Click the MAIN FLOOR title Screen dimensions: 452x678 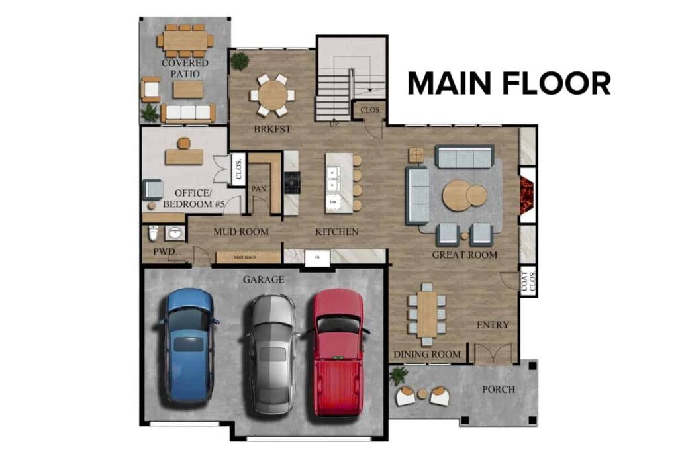[x=508, y=84]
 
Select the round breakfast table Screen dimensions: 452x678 [x=272, y=95]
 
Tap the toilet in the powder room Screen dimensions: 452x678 [x=153, y=234]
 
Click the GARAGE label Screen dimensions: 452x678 [x=263, y=280]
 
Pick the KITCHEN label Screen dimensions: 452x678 [x=336, y=232]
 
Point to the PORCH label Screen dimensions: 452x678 [x=498, y=389]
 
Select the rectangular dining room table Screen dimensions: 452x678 [x=427, y=314]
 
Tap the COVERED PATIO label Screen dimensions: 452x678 [x=185, y=68]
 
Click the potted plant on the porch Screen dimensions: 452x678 [x=398, y=375]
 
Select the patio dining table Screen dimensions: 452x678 [x=185, y=40]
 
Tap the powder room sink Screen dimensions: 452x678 [x=175, y=233]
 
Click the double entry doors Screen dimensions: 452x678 [x=493, y=353]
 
